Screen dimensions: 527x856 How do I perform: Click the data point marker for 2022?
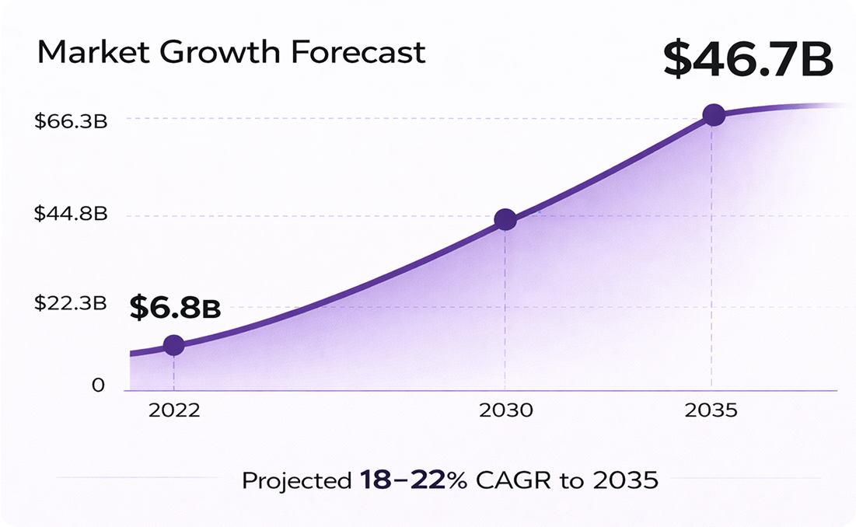click(173, 345)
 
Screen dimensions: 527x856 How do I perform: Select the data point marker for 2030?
click(505, 220)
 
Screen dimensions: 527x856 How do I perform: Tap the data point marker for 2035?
click(714, 115)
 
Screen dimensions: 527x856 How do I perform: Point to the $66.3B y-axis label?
click(70, 121)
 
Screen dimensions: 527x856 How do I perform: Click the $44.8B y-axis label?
click(70, 214)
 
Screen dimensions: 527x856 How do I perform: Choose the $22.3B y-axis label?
click(70, 303)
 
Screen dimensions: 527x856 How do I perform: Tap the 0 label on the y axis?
click(98, 385)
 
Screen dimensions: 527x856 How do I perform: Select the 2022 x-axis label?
click(173, 410)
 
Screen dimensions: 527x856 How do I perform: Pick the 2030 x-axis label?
click(505, 410)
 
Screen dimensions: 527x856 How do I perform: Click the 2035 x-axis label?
click(711, 410)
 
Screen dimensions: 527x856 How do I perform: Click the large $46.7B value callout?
click(749, 60)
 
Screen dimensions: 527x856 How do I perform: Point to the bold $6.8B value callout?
click(175, 308)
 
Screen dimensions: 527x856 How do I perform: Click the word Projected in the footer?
click(296, 481)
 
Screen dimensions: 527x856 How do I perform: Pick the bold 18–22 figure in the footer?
click(403, 480)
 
